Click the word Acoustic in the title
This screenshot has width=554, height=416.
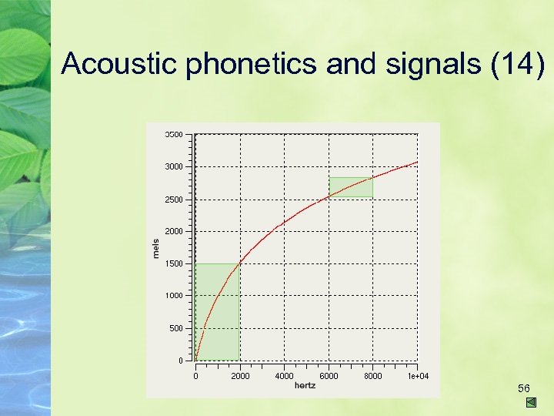point(120,64)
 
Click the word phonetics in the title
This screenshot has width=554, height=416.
point(252,64)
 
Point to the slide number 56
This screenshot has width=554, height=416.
point(524,387)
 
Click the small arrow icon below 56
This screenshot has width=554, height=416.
point(531,403)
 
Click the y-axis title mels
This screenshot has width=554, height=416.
point(156,247)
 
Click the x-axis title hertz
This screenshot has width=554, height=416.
point(305,384)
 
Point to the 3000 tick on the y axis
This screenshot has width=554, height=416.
point(174,166)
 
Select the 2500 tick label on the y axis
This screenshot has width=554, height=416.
point(174,200)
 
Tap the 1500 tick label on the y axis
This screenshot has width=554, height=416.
point(174,263)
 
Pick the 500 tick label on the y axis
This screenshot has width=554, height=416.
point(176,328)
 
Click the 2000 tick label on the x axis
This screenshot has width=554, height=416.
point(240,376)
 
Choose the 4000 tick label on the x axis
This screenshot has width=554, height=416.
point(285,376)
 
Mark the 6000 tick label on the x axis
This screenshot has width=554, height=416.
point(329,376)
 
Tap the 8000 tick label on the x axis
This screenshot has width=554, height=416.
point(373,376)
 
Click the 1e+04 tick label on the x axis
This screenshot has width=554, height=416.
point(418,376)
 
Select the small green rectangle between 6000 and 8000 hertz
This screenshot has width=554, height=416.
point(351,187)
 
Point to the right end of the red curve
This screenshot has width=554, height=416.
point(417,162)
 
